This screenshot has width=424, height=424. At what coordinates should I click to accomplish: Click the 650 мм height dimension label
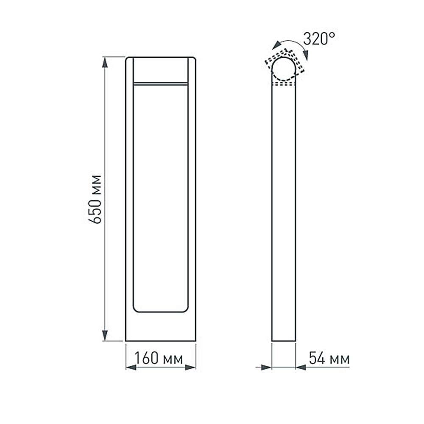coord(97,199)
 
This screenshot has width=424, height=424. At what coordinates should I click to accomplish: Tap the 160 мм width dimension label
coord(159,359)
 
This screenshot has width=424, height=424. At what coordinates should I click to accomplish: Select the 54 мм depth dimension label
coord(329,359)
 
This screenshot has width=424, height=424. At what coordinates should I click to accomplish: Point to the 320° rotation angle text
coord(319,39)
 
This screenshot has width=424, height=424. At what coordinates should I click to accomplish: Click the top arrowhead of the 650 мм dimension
coord(104,62)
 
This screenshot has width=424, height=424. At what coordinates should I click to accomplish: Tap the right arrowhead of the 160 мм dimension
coord(191,367)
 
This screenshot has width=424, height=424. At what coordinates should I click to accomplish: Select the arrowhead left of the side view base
coord(266,367)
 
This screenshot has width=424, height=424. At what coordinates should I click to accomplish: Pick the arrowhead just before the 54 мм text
coord(301,367)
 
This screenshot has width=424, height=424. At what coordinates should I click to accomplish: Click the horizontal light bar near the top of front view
coord(160,84)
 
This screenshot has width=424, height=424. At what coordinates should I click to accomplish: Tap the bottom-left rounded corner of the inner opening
coord(136,309)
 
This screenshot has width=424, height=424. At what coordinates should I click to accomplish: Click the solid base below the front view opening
coord(160,327)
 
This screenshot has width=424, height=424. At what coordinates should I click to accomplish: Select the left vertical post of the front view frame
coord(129,199)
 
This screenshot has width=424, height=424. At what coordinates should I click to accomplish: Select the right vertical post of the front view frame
coord(192,199)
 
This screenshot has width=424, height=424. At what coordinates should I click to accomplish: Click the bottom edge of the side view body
coord(283,341)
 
